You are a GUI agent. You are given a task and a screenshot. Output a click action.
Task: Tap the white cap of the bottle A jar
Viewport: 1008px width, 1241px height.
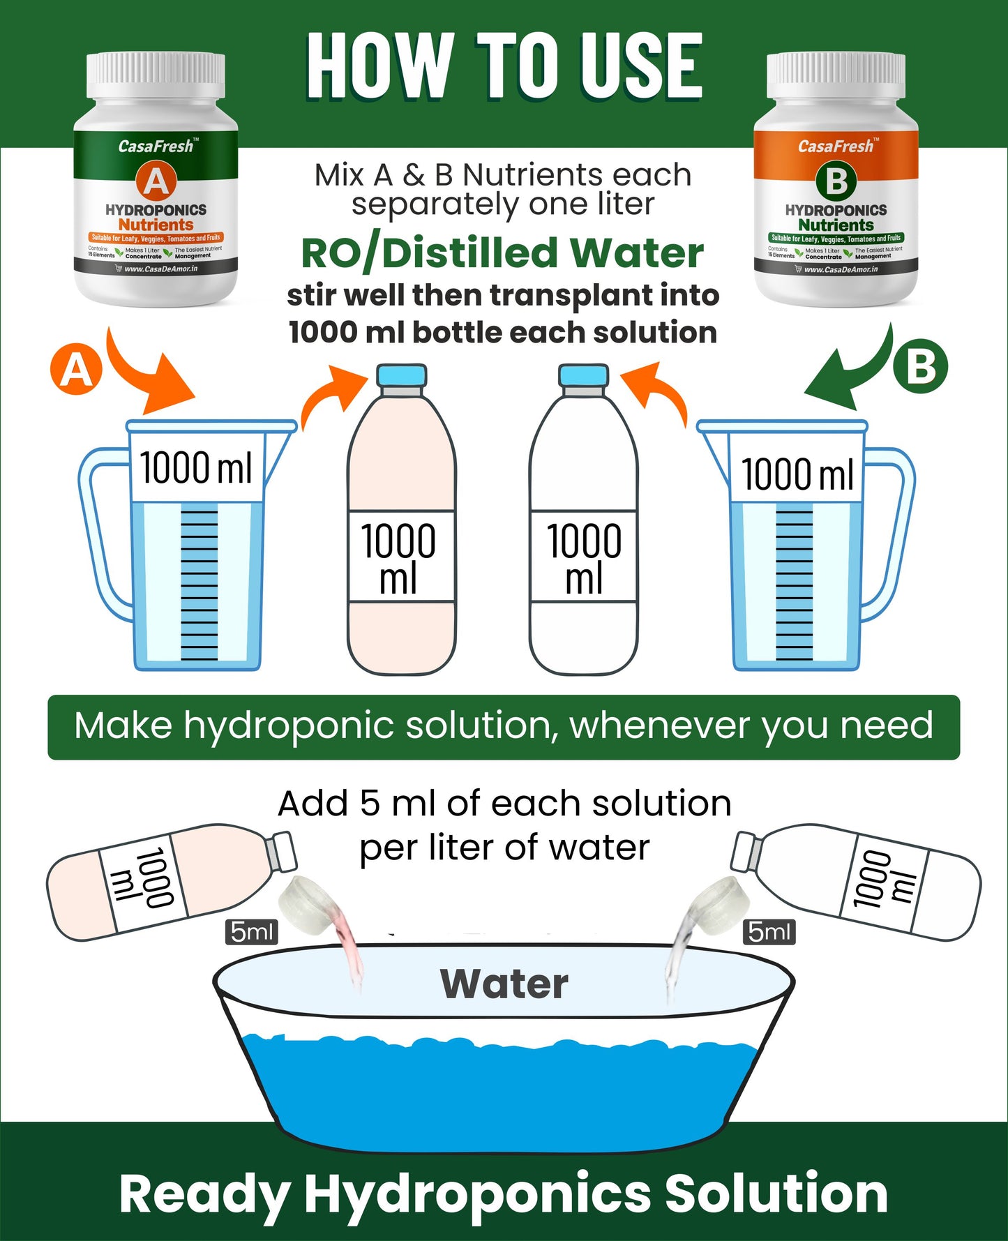155,75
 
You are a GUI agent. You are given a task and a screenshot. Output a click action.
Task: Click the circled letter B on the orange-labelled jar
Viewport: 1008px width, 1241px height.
836,181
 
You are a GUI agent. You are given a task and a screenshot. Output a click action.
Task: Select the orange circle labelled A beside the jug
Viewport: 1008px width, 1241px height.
76,370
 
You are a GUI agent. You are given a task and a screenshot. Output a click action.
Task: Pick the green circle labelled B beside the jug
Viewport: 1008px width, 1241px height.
921,366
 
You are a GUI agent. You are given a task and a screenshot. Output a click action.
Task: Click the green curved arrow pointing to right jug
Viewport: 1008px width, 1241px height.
851,373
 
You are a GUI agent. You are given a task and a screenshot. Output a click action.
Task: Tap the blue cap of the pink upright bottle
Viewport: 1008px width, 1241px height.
401,375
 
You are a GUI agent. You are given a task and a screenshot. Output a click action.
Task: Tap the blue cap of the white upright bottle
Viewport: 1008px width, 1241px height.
583,375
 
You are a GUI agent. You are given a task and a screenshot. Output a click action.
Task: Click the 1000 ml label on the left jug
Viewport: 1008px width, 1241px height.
195,467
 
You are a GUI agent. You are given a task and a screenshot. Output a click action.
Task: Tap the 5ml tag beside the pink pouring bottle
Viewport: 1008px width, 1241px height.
251,931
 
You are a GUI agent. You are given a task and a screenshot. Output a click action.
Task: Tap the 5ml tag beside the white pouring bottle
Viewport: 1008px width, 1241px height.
769,931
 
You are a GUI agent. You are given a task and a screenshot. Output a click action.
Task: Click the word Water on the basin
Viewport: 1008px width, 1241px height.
504,984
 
